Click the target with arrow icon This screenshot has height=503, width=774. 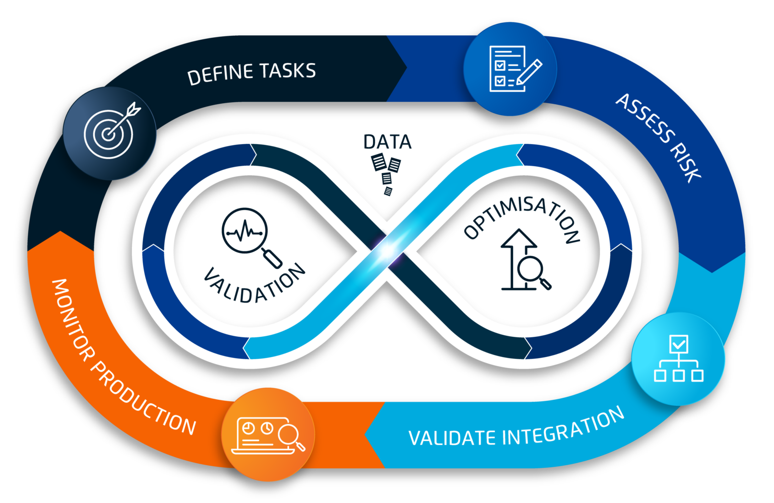(x=110, y=132)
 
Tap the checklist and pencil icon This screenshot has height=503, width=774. (x=510, y=69)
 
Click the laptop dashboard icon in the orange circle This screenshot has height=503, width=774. (x=268, y=435)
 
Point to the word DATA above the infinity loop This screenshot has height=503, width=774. (x=387, y=142)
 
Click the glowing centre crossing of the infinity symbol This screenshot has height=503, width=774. (x=387, y=250)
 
